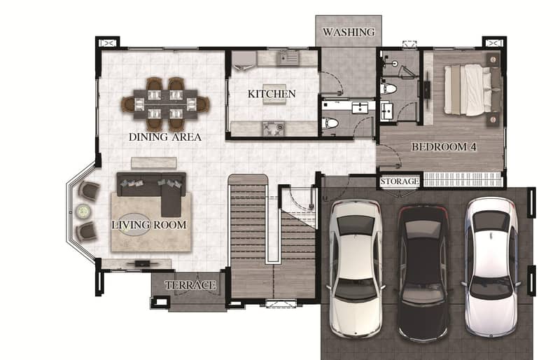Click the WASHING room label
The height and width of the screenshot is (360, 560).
pos(349,32)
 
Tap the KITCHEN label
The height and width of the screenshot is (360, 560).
pos(272,94)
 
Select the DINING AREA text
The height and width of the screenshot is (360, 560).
pos(165,137)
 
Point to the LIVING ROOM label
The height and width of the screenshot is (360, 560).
pos(149,225)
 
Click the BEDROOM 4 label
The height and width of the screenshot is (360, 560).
pos(444,146)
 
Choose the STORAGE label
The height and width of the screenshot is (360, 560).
pos(400,181)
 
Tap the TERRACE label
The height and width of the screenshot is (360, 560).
pos(190,285)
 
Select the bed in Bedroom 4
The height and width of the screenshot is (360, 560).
pos(472,90)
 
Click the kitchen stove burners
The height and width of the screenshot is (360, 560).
pos(274,129)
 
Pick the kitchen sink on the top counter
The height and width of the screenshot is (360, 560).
pos(288,57)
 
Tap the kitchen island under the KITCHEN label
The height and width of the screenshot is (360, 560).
pos(274,94)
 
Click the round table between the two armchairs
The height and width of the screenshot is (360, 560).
pos(83,212)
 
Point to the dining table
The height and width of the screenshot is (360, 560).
pos(165,104)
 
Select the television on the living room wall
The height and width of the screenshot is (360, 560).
pos(143,264)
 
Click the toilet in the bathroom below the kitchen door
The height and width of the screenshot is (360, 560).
pos(330,123)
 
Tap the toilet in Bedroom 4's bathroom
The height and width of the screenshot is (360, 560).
pos(388,88)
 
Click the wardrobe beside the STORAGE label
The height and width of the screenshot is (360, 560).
pos(462,179)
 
